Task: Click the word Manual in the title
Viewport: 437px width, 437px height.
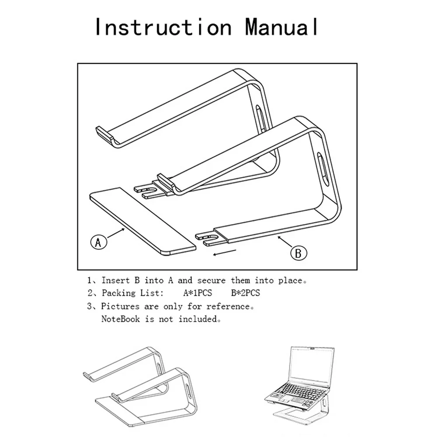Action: point(281,27)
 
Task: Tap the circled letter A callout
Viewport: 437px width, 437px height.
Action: point(99,242)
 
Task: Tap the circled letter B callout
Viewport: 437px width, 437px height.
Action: point(298,253)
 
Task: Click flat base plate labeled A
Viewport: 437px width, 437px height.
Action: point(142,221)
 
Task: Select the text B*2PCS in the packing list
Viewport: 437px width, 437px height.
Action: point(245,293)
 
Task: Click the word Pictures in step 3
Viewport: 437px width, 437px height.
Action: point(120,306)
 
